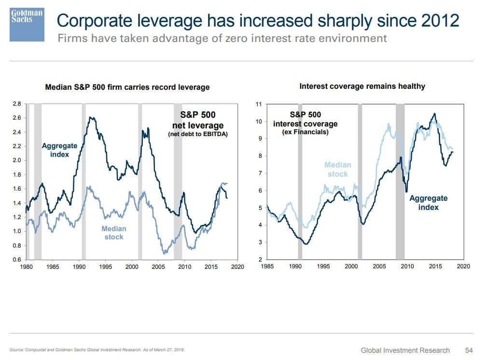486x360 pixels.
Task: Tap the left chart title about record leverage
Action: [127, 87]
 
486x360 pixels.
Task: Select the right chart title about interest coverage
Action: [362, 86]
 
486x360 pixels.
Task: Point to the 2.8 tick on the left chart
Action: [17, 104]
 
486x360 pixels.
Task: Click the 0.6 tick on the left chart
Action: [17, 260]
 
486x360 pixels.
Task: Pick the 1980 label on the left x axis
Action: [27, 266]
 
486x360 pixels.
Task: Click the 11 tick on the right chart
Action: [259, 104]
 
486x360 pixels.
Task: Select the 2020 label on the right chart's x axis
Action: [463, 266]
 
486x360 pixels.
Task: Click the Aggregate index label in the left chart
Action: [59, 150]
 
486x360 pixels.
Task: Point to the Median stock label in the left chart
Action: [114, 233]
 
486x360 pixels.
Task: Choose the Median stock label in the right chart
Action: [338, 169]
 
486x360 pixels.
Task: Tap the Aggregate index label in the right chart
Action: [429, 202]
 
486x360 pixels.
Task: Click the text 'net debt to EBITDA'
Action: [197, 135]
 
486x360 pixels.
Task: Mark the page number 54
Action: [469, 350]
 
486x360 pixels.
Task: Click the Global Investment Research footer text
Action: [405, 350]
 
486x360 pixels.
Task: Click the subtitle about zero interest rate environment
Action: [222, 39]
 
